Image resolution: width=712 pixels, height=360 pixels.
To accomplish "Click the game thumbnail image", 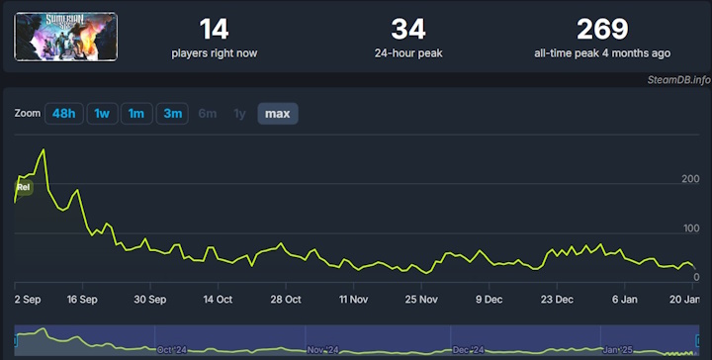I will pos(65,37).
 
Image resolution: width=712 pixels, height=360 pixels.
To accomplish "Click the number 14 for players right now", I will pos(214,30).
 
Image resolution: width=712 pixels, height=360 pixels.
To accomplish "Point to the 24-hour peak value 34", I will pos(408,30).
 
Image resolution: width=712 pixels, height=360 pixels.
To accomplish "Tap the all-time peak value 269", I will pos(602,30).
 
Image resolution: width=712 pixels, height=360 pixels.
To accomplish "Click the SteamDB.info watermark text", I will pos(678,80).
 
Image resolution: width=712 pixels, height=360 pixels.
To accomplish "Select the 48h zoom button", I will pos(63,114).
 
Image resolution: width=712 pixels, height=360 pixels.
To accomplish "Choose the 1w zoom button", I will pos(101,114).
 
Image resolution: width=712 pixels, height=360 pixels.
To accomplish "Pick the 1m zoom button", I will pos(136,114).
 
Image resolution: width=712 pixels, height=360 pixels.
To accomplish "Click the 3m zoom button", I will pos(172,114).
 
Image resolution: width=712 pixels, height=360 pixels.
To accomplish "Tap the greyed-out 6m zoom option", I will pos(208,114).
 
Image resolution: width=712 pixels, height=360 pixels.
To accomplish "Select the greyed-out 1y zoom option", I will pos(239,114).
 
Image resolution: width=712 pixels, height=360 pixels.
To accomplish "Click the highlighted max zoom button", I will pos(278,114).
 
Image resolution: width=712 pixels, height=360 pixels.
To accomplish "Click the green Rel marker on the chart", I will pos(24,187).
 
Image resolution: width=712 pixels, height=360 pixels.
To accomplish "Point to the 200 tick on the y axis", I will pos(689,179).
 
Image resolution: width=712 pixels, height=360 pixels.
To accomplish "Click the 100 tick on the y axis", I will pos(689,229).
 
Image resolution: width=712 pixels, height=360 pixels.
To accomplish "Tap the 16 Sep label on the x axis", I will pos(82,299).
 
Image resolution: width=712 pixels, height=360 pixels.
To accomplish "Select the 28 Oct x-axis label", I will pos(285,299).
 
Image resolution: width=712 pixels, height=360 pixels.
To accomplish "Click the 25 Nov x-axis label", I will pos(421,299).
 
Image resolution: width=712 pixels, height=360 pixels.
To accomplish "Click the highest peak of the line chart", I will pos(44,149).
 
